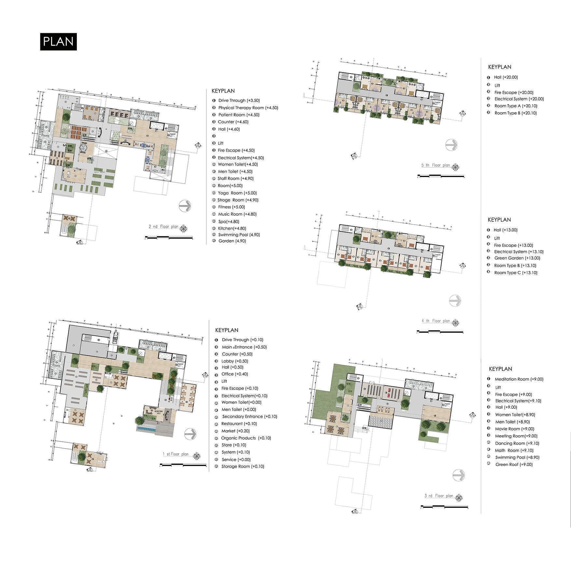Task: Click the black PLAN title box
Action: tap(58, 42)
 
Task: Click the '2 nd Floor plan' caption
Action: tap(163, 227)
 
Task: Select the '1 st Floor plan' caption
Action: tap(175, 454)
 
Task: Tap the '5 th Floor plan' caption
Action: tap(435, 165)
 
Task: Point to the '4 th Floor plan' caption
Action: tap(436, 321)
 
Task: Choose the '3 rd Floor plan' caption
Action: tap(439, 496)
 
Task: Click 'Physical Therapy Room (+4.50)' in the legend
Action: tap(248, 108)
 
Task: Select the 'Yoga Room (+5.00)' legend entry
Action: tap(237, 193)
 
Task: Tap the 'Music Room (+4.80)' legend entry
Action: tap(237, 214)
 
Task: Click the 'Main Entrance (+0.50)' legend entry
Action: tap(244, 347)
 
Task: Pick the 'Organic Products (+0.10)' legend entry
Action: tap(246, 438)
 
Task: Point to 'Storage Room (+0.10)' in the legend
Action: tap(243, 467)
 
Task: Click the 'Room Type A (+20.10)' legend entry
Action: tap(516, 106)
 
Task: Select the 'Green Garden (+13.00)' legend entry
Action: tap(517, 258)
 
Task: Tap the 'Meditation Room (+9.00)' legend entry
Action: tap(519, 379)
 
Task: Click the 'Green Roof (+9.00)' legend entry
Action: tap(514, 465)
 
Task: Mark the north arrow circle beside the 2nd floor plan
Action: tap(185, 206)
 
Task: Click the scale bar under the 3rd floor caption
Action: tap(444, 507)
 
